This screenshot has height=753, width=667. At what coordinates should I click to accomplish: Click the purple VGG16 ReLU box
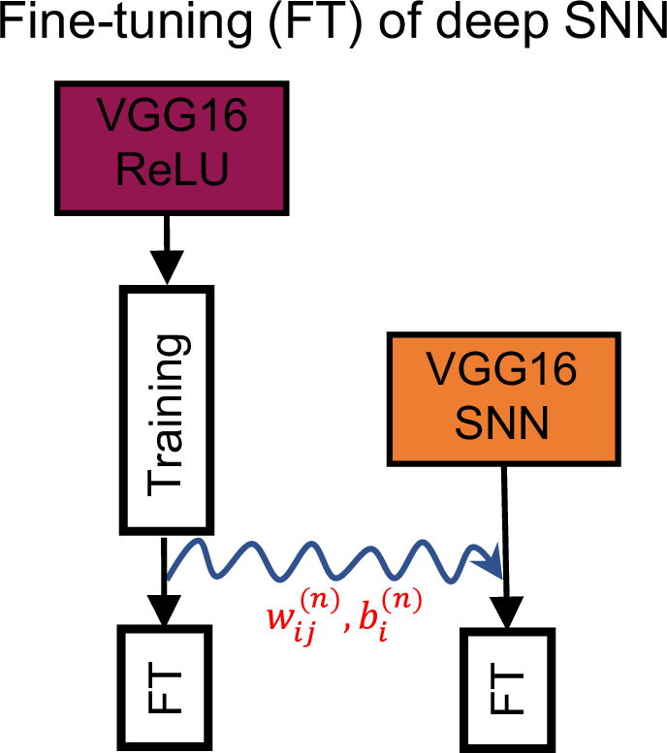(x=169, y=146)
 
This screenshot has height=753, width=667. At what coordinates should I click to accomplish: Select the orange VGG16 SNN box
(x=503, y=398)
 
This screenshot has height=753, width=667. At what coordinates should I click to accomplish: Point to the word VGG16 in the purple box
(x=169, y=120)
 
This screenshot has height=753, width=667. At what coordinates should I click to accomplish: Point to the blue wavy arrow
(x=330, y=562)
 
